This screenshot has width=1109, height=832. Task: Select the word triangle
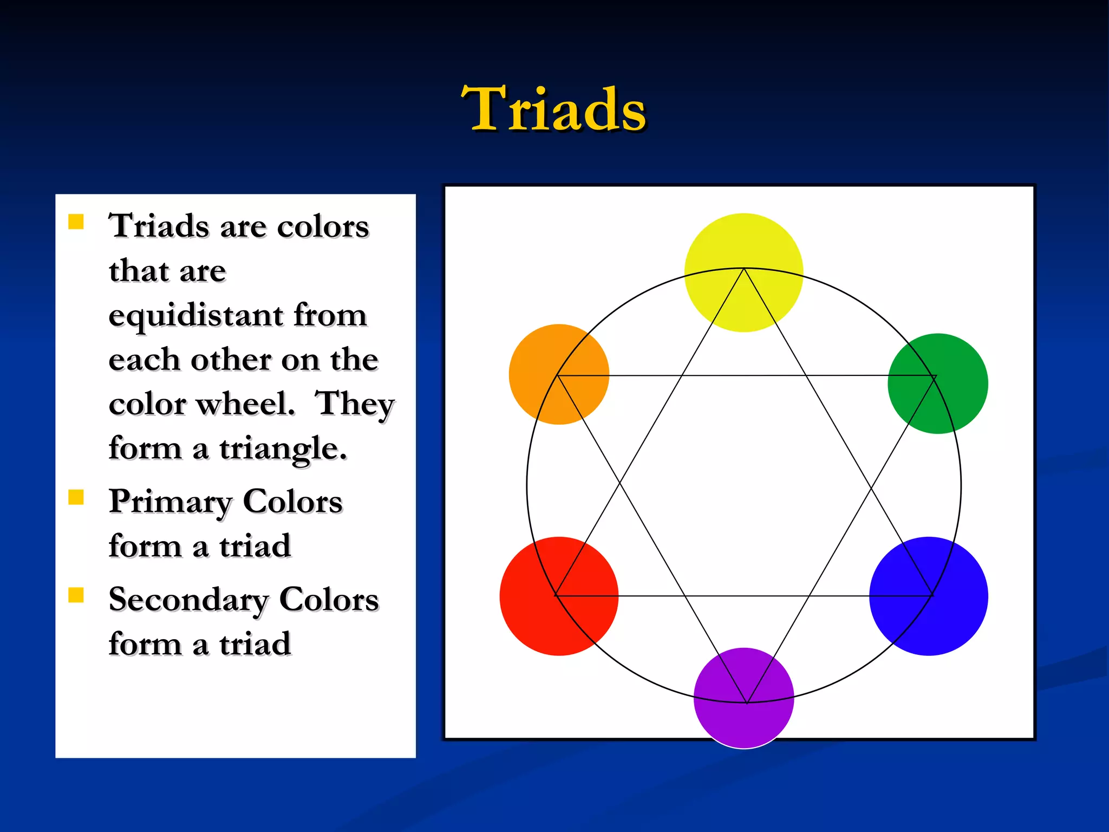click(282, 450)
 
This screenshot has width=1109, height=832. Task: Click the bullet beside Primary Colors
click(76, 497)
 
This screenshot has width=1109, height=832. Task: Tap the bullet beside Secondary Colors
click(76, 595)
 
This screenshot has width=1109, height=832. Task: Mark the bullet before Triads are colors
click(76, 222)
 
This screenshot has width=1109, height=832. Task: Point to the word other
click(231, 360)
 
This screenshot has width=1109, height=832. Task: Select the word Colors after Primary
click(292, 502)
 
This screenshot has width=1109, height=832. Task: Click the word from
click(330, 315)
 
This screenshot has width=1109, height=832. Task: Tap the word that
click(139, 271)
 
